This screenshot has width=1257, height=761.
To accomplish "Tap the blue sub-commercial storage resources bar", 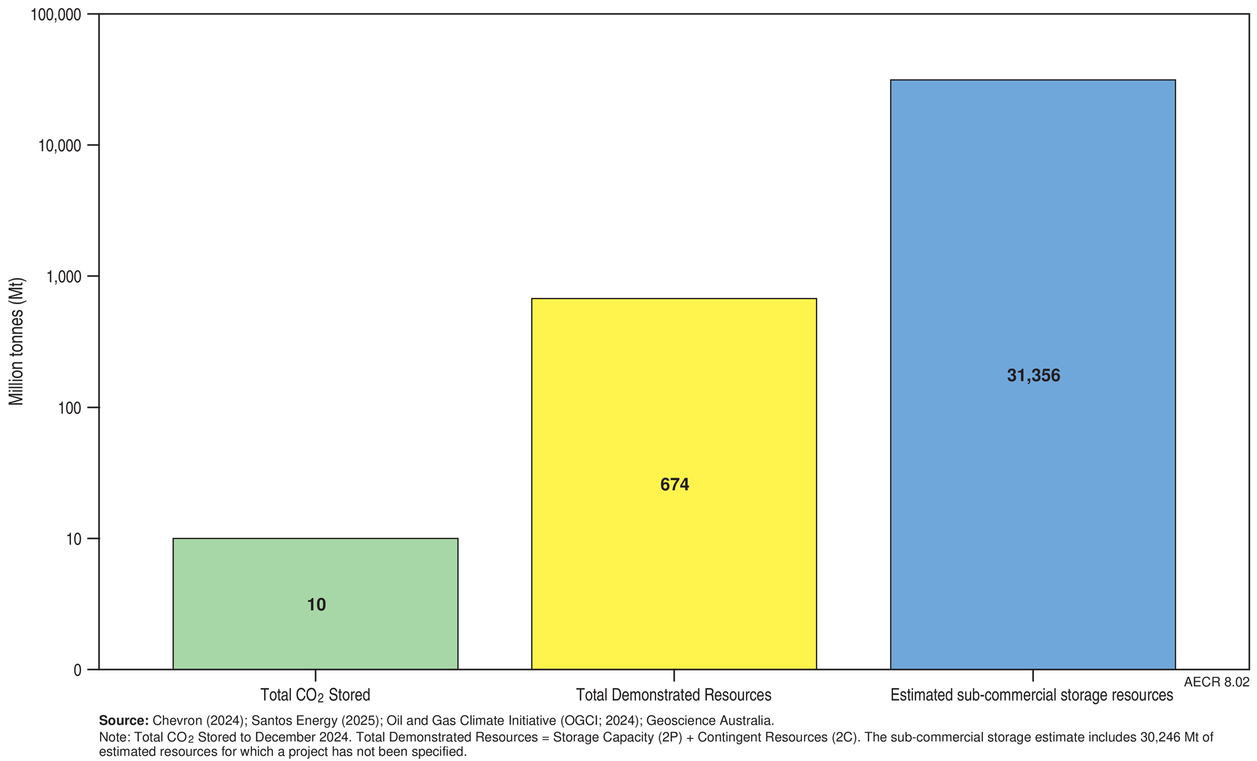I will tap(1033, 251).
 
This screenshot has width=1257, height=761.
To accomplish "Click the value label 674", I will tap(674, 485).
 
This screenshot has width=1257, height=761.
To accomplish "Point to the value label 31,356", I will tap(1033, 376).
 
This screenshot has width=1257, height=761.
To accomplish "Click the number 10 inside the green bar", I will tap(316, 605).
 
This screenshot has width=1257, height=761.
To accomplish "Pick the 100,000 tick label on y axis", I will tap(56, 14).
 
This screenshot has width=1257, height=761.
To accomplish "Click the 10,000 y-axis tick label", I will tap(60, 146).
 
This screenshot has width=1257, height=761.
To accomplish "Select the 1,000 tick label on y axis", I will tap(63, 277).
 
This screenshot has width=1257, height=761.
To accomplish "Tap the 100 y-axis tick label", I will tap(70, 408).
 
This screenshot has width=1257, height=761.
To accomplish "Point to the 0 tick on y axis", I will tap(77, 671).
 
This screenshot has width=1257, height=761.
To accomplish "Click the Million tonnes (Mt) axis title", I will tap(16, 341).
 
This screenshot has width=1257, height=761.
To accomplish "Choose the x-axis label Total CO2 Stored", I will tap(315, 695).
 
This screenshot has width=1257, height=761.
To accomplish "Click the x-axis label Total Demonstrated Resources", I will tap(674, 695).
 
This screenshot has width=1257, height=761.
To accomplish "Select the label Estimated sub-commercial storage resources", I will tap(1031, 695).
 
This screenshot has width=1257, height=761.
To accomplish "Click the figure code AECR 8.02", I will tap(1216, 682).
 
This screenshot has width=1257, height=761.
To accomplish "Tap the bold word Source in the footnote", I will tap(123, 721).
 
